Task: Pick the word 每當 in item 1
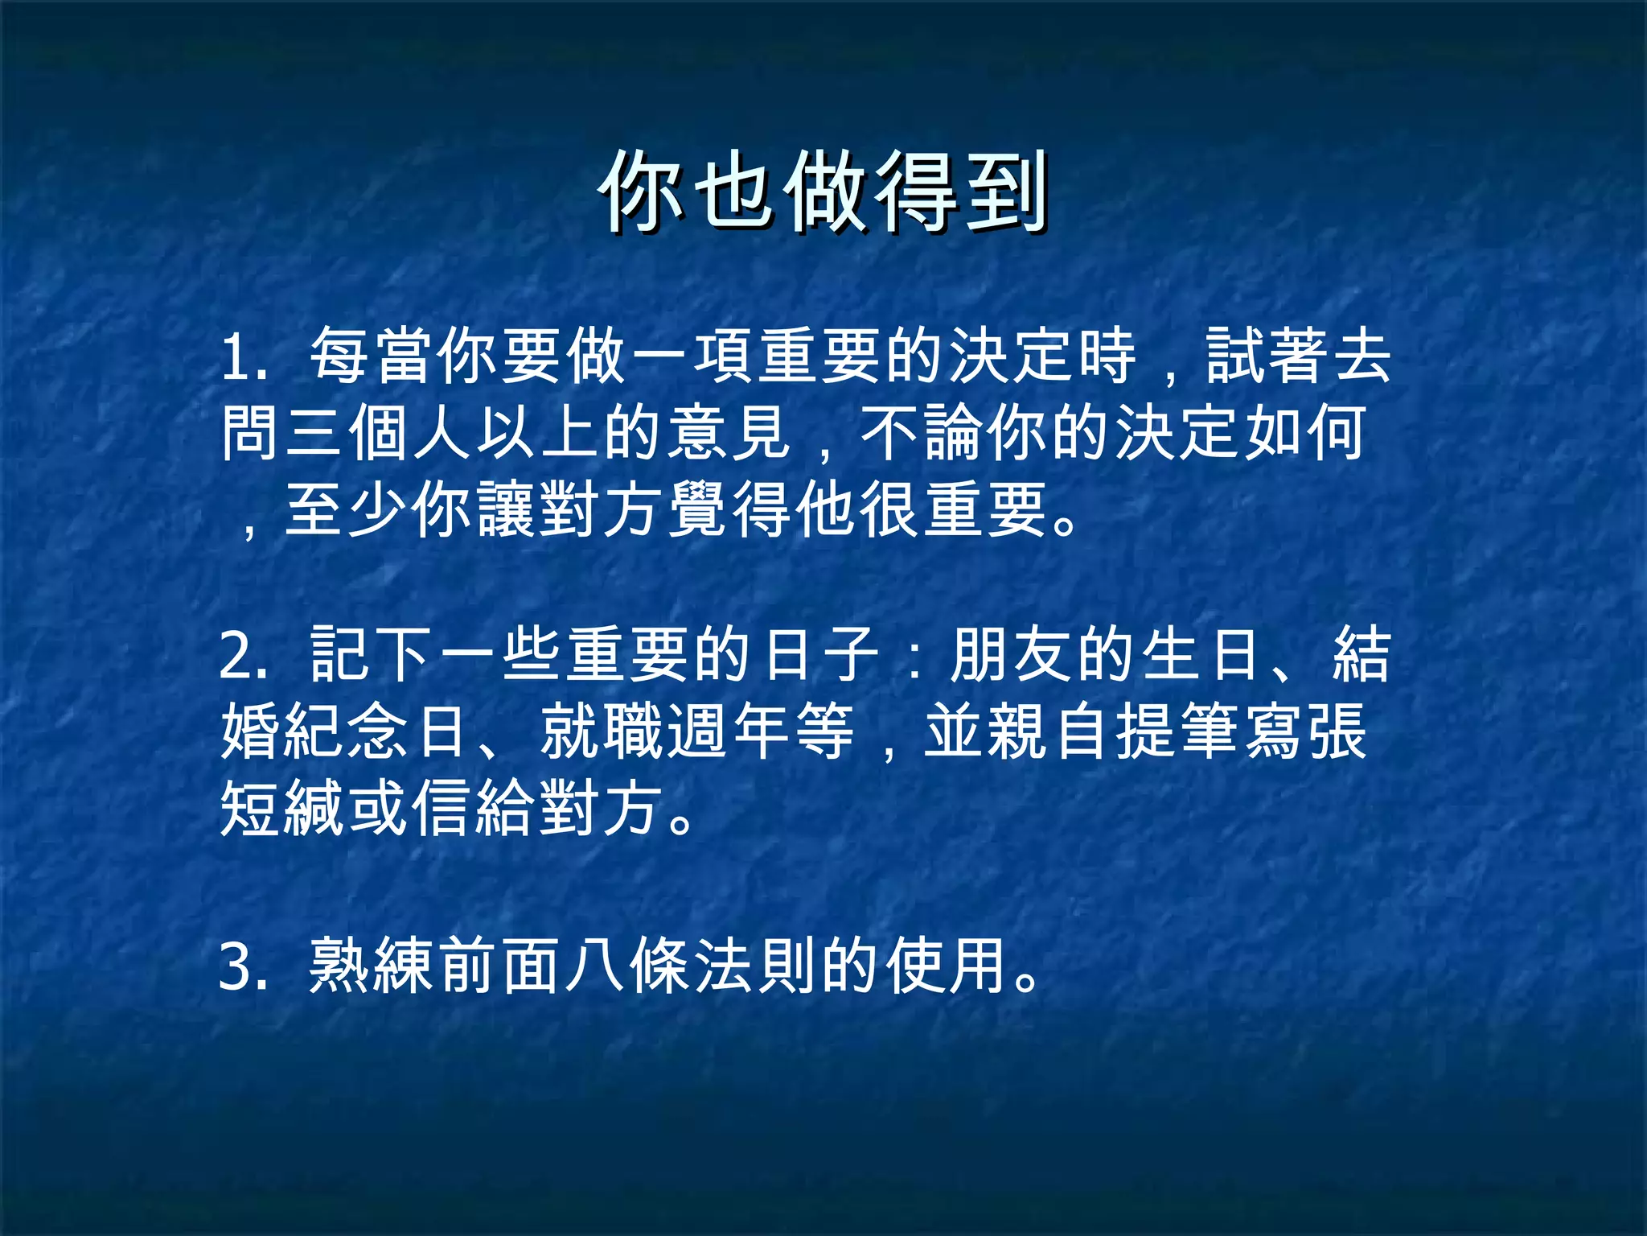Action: (373, 356)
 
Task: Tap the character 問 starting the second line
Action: (252, 433)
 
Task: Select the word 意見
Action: (730, 433)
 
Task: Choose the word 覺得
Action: (730, 510)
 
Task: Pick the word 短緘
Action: (283, 808)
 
